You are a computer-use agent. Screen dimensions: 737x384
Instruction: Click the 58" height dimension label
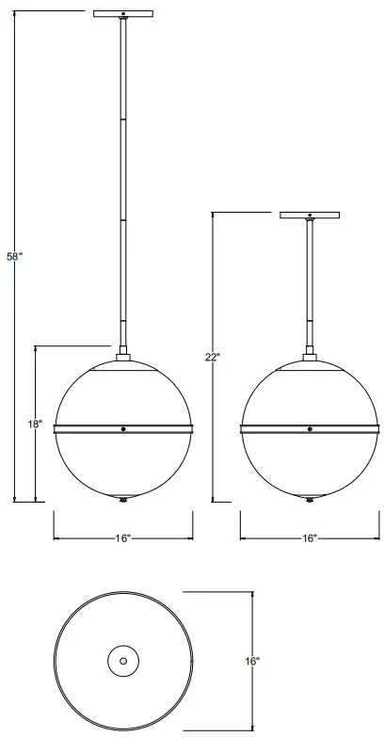click(13, 257)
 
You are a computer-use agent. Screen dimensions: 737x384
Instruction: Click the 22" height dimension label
click(212, 357)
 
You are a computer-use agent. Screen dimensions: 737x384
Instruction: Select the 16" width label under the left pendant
click(123, 537)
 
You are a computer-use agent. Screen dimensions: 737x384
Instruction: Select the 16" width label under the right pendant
click(310, 537)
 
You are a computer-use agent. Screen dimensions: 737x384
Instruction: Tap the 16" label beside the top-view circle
click(252, 662)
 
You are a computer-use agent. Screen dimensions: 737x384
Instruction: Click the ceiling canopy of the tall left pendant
click(123, 13)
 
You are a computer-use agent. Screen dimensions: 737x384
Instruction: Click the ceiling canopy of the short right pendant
click(310, 214)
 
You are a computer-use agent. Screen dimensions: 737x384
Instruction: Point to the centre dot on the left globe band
click(123, 429)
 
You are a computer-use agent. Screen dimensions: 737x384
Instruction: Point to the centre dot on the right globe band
click(310, 429)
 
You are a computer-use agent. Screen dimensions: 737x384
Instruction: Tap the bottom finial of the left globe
click(123, 499)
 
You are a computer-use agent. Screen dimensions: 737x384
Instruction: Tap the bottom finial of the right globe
click(310, 499)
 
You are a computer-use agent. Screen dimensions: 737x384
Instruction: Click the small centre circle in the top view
click(123, 661)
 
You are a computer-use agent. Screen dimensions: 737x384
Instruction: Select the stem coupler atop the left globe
click(123, 355)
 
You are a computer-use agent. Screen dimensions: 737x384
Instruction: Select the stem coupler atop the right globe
click(310, 355)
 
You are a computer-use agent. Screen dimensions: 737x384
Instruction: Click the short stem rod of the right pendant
click(310, 282)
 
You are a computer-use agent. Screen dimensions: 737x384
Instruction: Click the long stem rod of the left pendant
click(123, 188)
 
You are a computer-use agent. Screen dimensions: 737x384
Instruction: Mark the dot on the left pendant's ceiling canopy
click(123, 13)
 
